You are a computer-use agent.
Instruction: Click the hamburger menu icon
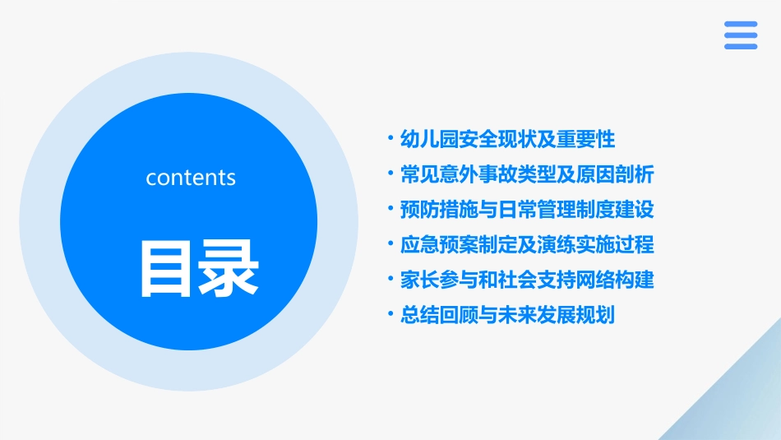click(741, 35)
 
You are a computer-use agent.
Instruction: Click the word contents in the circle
click(191, 178)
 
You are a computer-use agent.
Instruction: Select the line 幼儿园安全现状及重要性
click(507, 139)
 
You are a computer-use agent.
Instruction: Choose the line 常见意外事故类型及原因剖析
click(526, 174)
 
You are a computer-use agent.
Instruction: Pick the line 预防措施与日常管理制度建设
click(526, 210)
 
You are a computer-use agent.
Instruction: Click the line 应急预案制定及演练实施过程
click(526, 245)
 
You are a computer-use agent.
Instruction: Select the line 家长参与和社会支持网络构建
click(526, 280)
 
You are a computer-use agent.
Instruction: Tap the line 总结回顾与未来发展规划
click(507, 316)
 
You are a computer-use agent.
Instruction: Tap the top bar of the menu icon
click(741, 24)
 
